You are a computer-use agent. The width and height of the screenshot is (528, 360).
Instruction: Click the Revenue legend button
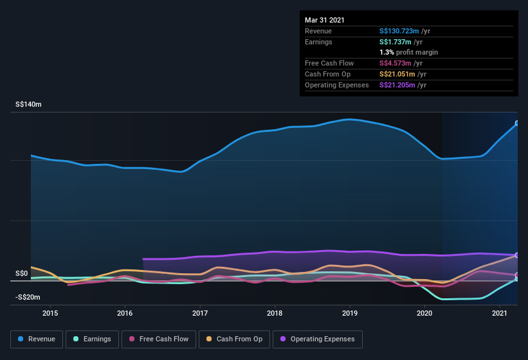(37, 339)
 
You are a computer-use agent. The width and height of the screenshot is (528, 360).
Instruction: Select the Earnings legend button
(91, 339)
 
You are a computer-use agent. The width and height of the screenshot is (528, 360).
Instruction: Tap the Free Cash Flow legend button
(158, 339)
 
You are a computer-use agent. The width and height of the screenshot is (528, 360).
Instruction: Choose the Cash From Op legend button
(234, 339)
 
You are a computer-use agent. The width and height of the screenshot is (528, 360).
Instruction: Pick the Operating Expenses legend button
(317, 339)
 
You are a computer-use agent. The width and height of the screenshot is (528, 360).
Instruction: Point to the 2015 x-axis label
(50, 313)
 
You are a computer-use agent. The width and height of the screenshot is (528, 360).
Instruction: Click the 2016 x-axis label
(125, 313)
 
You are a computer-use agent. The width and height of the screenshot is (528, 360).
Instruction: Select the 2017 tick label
(200, 313)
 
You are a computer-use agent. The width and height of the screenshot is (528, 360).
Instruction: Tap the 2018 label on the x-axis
(275, 313)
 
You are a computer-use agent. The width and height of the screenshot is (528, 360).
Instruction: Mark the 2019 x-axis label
(350, 313)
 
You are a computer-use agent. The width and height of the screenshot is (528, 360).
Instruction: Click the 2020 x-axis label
(424, 313)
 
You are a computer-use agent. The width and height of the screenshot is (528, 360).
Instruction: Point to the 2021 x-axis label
(500, 313)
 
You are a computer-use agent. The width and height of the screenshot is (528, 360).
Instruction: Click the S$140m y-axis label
(28, 104)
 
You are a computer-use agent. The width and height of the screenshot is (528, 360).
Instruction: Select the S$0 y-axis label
(22, 273)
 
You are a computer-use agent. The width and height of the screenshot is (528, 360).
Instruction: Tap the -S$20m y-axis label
(28, 297)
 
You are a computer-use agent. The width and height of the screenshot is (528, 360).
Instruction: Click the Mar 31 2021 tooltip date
(325, 20)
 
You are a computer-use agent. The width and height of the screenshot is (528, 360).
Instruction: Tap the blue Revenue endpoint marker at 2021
(517, 123)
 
